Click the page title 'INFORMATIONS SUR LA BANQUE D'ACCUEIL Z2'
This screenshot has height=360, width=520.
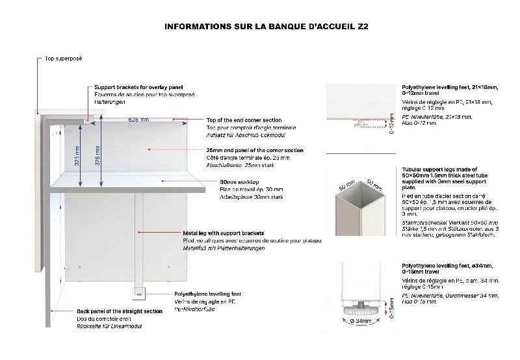tap(266, 27)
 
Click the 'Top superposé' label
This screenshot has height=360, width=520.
tap(63, 58)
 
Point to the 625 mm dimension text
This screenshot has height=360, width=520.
tap(138, 120)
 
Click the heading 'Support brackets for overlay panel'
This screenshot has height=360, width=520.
tap(138, 87)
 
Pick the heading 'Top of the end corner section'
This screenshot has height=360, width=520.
tap(244, 120)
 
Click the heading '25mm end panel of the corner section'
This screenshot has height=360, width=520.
tap(254, 150)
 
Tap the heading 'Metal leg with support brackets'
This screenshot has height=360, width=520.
tap(223, 232)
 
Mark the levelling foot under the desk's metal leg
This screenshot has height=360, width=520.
tap(138, 294)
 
